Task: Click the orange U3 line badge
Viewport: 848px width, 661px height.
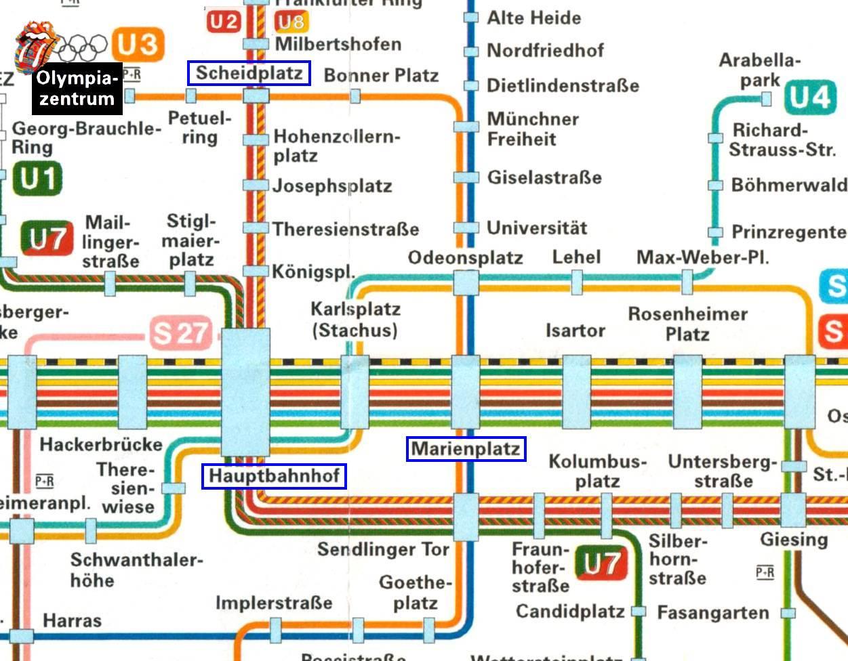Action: coord(138,45)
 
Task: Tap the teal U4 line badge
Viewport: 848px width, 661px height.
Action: coord(809,98)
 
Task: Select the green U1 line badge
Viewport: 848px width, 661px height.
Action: coord(37,179)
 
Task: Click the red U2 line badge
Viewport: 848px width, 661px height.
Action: coord(224,22)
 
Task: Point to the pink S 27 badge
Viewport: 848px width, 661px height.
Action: coord(181,333)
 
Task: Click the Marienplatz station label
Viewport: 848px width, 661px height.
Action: coord(466,449)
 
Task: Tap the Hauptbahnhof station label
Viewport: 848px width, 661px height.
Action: coord(274,476)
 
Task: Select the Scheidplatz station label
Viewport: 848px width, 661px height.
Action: coord(249,73)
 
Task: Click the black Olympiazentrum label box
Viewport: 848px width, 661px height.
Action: coord(77,88)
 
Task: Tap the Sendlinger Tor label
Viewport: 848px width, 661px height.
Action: coord(384,549)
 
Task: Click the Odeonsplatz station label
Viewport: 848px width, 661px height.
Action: coord(465,258)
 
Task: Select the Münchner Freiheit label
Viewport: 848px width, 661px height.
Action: coord(533,129)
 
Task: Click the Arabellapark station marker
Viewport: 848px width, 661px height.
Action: coord(766,100)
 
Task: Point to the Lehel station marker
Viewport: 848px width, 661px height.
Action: coord(577,282)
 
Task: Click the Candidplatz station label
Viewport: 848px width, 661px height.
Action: coord(569,612)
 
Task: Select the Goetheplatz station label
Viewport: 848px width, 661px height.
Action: coord(415,592)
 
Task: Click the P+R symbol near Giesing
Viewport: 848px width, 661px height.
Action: coord(765,573)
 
